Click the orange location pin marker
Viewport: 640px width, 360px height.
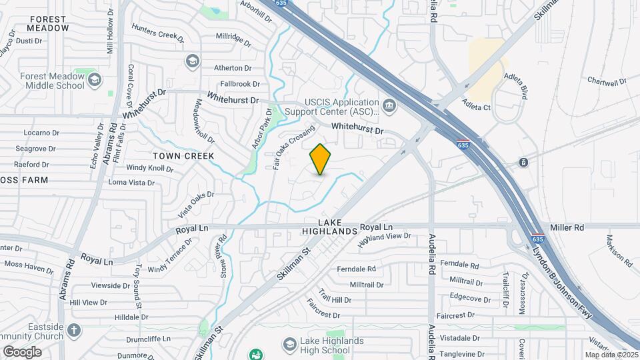pyautogui.click(x=320, y=159)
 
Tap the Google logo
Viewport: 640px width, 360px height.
pyautogui.click(x=22, y=351)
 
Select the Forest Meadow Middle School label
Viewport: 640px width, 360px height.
pyautogui.click(x=52, y=81)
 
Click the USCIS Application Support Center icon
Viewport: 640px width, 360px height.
pyautogui.click(x=389, y=105)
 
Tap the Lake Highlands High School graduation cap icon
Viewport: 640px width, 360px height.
pyautogui.click(x=289, y=344)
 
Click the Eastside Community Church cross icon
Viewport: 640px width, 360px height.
pyautogui.click(x=75, y=330)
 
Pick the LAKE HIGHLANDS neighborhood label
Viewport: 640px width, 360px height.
pyautogui.click(x=329, y=226)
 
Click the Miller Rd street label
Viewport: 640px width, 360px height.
pyautogui.click(x=567, y=227)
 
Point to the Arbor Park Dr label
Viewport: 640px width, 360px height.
pyautogui.click(x=262, y=129)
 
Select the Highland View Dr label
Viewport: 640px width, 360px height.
pyautogui.click(x=383, y=240)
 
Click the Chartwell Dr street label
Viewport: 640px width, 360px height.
pyautogui.click(x=607, y=81)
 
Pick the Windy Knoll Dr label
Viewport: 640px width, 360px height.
pyautogui.click(x=149, y=168)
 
